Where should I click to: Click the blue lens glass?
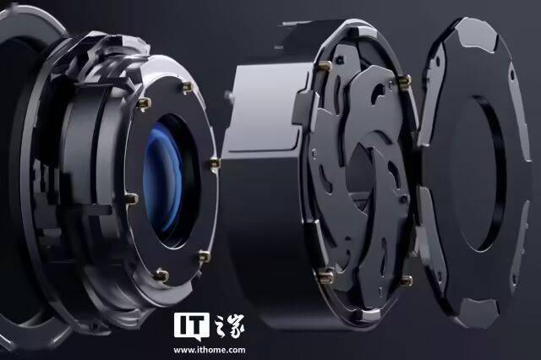(x=161, y=179)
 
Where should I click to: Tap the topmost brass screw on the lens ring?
(x=188, y=88)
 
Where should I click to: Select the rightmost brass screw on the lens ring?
(x=216, y=163)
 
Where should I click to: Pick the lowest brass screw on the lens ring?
(x=161, y=275)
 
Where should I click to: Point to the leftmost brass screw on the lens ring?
(x=132, y=199)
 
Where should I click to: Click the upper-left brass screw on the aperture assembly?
(x=325, y=65)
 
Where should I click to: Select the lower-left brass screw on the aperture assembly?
(x=326, y=275)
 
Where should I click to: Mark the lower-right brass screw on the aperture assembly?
(x=406, y=280)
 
